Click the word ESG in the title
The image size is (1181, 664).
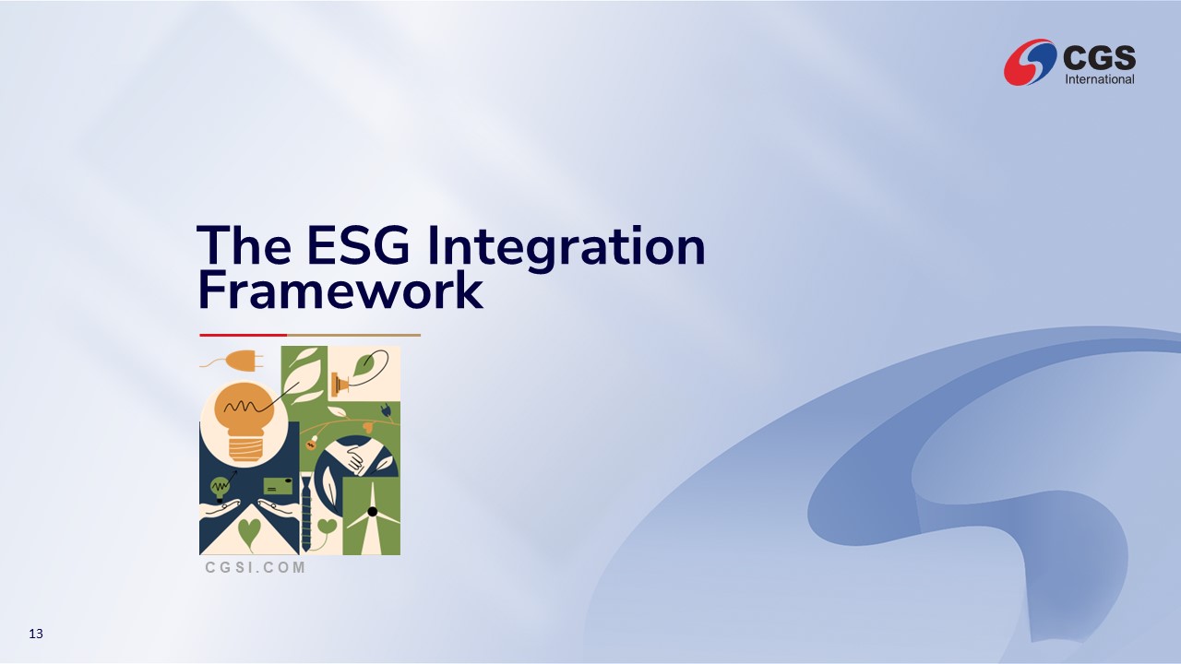click(358, 245)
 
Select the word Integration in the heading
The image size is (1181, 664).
click(567, 249)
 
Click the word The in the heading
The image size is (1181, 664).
click(244, 245)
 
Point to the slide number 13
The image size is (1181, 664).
click(36, 634)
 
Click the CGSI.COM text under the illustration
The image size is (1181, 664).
click(256, 567)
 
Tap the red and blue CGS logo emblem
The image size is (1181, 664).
click(1030, 62)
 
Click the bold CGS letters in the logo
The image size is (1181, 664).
click(1099, 57)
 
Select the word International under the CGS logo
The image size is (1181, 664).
click(1100, 79)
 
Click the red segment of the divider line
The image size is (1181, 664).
click(243, 335)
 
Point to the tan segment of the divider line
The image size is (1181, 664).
click(353, 335)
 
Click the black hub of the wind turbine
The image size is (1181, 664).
click(372, 511)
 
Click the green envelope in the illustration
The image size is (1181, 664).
click(278, 486)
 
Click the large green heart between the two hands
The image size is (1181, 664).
click(249, 531)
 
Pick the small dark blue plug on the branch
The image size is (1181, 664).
click(386, 410)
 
